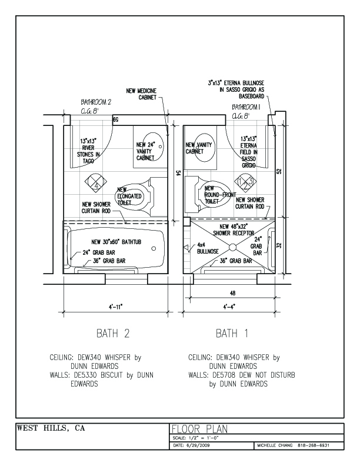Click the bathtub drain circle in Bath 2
(x=154, y=248)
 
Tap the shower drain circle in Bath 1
(x=232, y=247)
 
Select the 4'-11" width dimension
(x=116, y=307)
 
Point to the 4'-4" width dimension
(x=229, y=307)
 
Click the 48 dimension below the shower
(x=232, y=293)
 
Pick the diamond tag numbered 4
(x=96, y=182)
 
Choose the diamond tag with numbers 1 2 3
(x=246, y=182)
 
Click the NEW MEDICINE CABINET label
(x=141, y=94)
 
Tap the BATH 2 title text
(x=113, y=334)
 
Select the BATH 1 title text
(x=232, y=334)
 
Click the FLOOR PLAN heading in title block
(x=199, y=429)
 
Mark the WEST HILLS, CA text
(x=51, y=428)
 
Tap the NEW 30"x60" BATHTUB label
(x=116, y=242)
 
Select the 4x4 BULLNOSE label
(x=208, y=248)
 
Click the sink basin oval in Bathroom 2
(x=154, y=147)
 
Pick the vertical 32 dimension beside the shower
(x=279, y=245)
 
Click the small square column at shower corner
(x=186, y=222)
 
